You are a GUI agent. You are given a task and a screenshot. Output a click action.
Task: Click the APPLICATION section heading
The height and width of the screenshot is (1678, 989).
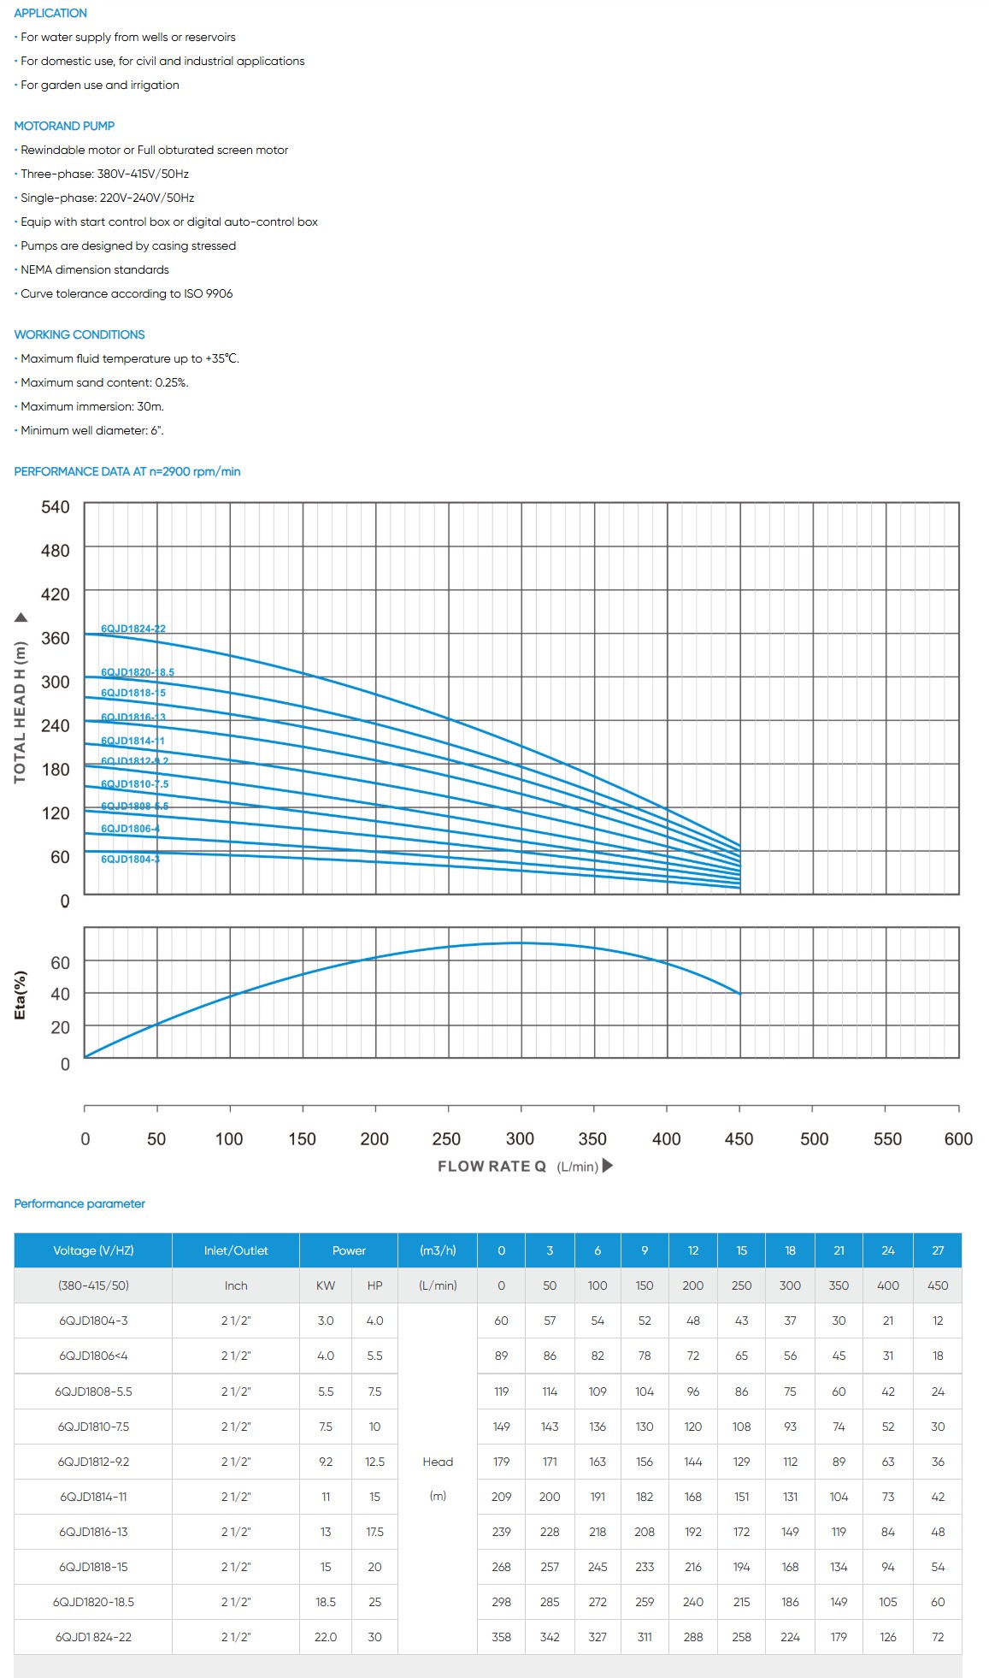coord(50,13)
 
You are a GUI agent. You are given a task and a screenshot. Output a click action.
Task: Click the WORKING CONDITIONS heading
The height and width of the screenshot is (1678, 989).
coord(79,334)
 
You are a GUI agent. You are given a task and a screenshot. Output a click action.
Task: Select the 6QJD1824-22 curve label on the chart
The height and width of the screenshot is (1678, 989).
coord(132,629)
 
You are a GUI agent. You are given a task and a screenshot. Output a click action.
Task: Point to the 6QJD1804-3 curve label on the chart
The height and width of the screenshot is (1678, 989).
coord(130,859)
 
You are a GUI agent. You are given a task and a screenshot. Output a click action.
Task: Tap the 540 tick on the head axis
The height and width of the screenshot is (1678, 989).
coord(56,507)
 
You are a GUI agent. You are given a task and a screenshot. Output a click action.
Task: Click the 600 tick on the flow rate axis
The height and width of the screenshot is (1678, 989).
coord(958,1138)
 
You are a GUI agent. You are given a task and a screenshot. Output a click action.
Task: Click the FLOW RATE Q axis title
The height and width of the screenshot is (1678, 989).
coord(492,1167)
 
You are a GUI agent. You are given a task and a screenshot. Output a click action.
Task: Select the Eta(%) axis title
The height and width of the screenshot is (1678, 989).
coord(21,995)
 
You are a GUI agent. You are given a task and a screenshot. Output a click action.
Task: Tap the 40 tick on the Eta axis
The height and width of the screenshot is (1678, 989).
coord(60,994)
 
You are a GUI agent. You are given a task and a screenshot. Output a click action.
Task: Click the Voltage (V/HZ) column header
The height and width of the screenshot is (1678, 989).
coord(93,1250)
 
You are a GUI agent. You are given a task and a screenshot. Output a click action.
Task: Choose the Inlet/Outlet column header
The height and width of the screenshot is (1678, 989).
coord(236,1250)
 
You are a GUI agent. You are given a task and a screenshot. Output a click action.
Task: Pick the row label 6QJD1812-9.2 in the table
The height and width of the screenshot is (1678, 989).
coord(93,1462)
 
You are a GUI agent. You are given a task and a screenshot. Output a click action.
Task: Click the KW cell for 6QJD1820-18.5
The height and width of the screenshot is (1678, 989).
coord(326,1602)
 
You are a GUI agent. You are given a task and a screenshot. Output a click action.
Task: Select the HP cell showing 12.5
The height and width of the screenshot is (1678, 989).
coord(374,1462)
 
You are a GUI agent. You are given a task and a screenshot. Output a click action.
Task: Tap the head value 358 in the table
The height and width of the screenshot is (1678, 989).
coord(501,1637)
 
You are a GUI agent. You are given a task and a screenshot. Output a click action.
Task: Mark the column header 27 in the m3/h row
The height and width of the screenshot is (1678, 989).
coord(938,1250)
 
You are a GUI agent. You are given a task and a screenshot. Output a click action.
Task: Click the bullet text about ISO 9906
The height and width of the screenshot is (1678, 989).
coord(127,293)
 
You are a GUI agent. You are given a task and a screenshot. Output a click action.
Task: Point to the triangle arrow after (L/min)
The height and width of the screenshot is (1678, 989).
coord(608,1165)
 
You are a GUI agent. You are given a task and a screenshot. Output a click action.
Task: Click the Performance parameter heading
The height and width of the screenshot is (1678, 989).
coord(79,1203)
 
